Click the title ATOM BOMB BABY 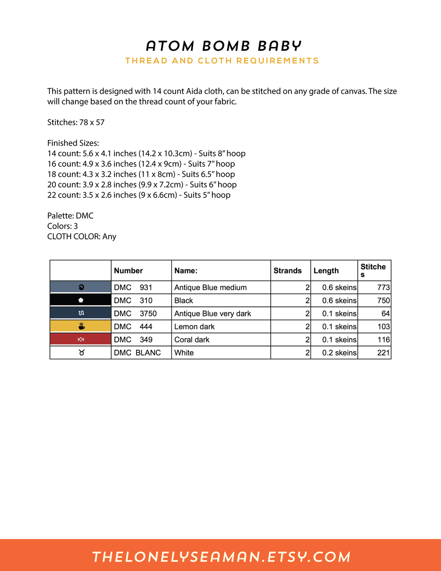[224, 46]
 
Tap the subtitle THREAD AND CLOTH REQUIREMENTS [222, 61]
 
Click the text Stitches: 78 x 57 [76, 122]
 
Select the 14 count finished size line [146, 154]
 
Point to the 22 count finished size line [139, 195]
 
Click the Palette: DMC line [70, 216]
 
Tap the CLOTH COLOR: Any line [82, 237]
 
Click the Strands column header [287, 271]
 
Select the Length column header [326, 271]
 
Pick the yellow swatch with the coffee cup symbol [81, 326]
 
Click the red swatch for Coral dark [81, 339]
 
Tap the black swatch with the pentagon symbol [81, 300]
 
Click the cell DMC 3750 [135, 313]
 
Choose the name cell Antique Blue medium [211, 287]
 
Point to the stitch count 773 [383, 287]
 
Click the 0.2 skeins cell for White [339, 352]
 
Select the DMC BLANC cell [137, 352]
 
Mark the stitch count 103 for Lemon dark [384, 327]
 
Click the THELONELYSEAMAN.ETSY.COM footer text [221, 557]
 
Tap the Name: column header [186, 271]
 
